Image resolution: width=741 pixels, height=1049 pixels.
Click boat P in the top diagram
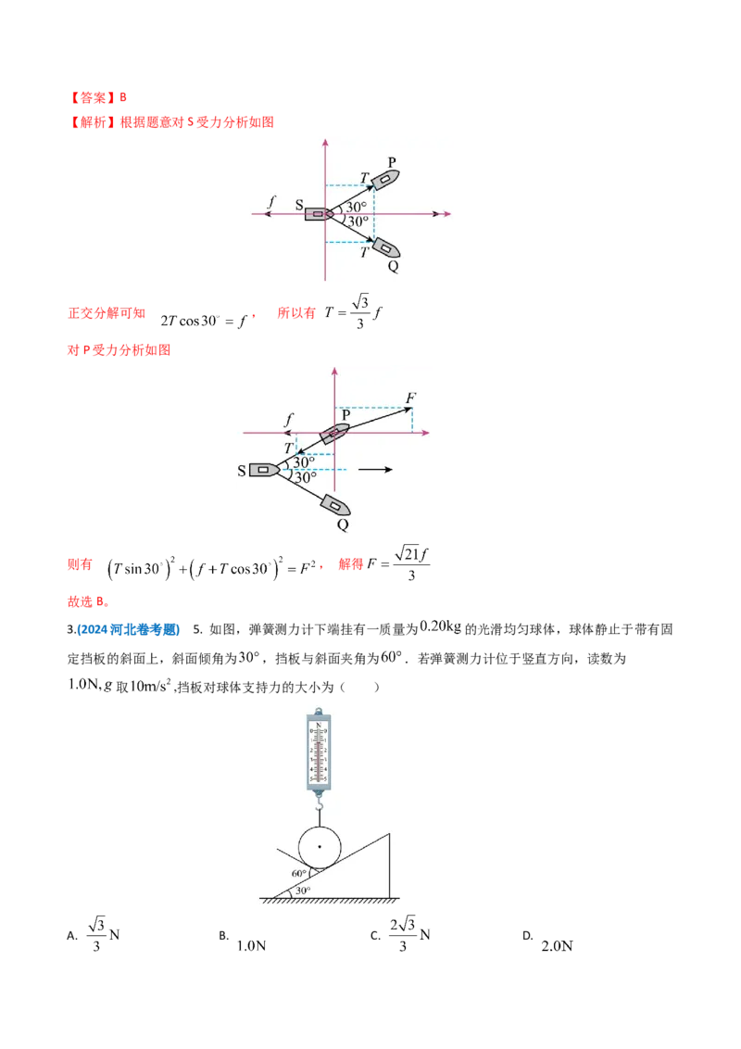(384, 179)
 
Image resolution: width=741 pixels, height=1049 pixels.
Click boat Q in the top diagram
(384, 247)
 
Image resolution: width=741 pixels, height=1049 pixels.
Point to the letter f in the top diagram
(270, 201)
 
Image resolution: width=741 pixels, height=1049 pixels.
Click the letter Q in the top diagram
(393, 266)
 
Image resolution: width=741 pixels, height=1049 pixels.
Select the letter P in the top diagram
(392, 162)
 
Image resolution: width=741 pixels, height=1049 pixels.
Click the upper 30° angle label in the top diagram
(357, 207)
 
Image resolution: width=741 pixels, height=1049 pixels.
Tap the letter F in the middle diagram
(410, 398)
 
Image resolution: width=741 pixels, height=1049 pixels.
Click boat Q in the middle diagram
(334, 505)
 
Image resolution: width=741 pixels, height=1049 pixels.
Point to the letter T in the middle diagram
(288, 448)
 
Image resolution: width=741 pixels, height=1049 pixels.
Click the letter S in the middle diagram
(242, 471)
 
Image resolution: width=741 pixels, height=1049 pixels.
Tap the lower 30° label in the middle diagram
(305, 478)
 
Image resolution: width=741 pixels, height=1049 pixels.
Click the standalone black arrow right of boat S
(375, 470)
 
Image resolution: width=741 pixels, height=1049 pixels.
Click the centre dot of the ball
(320, 847)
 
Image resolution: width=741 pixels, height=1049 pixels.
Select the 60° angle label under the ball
(299, 874)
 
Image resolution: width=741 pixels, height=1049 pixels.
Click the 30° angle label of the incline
(303, 891)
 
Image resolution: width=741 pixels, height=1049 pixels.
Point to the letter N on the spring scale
(320, 725)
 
